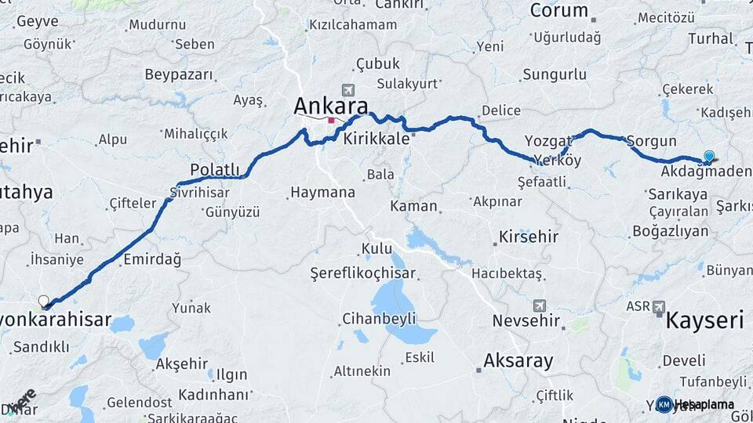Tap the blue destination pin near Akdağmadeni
pos(709,157)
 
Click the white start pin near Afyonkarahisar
pos(44,301)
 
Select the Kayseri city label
pos(704,320)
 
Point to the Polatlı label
pos(214,170)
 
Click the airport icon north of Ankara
pos(347,91)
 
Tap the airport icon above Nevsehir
pos(540,305)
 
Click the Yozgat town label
pos(547,141)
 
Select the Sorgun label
pos(651,141)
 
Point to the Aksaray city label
pos(518,361)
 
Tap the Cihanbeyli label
pos(379,319)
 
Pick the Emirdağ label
pos(152,258)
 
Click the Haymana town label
pos(322,191)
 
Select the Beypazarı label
pos(179,75)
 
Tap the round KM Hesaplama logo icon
pos(664,404)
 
